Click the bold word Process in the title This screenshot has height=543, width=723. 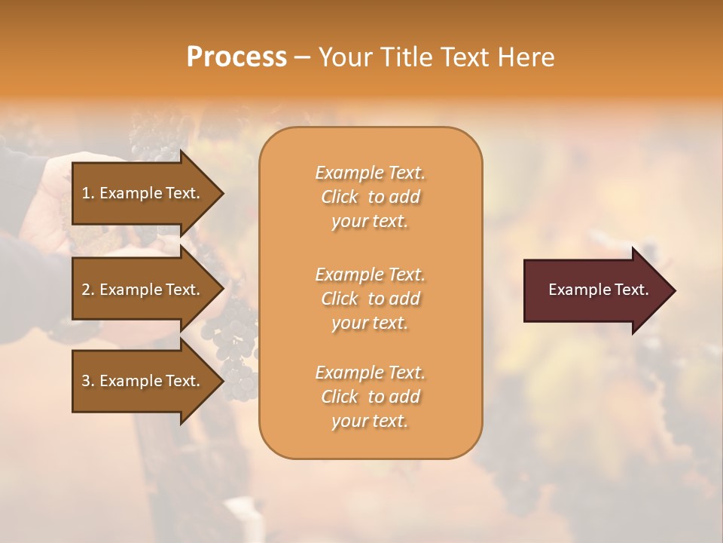coord(236,57)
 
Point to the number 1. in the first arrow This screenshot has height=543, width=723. coord(88,193)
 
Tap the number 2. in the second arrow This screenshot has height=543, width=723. coord(88,290)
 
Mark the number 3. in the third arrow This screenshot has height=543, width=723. coord(88,381)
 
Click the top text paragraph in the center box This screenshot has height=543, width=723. coord(370,197)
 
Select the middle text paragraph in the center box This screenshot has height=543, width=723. coord(370,299)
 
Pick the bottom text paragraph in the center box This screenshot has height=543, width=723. coord(370,397)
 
